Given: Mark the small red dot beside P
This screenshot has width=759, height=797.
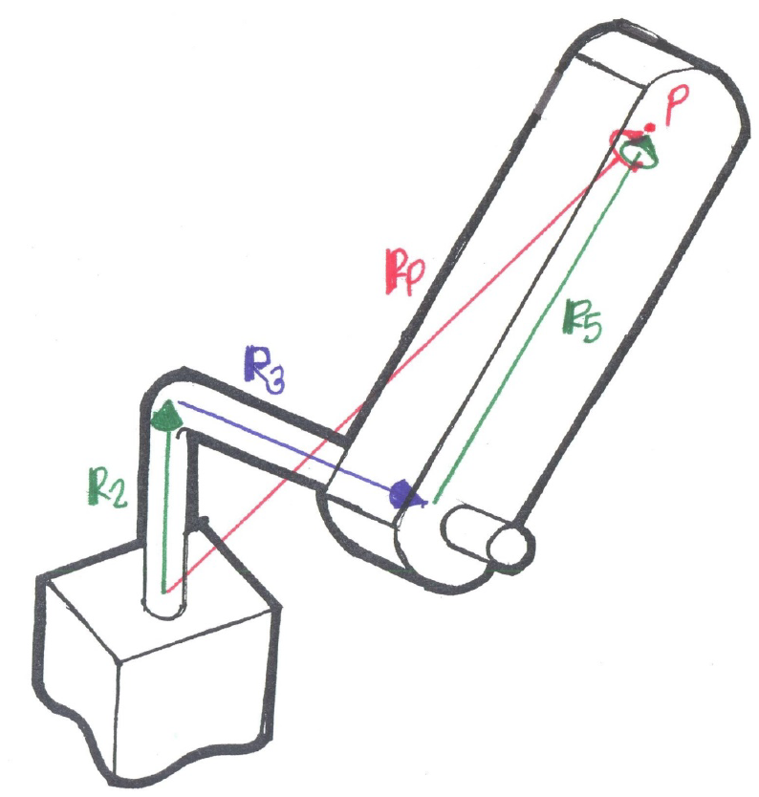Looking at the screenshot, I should tap(650, 126).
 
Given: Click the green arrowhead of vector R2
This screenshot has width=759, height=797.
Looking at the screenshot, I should tap(167, 414).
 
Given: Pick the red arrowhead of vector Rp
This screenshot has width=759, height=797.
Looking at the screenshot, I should tap(623, 141).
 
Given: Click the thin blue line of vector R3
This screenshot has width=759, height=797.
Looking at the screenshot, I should tap(287, 449).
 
